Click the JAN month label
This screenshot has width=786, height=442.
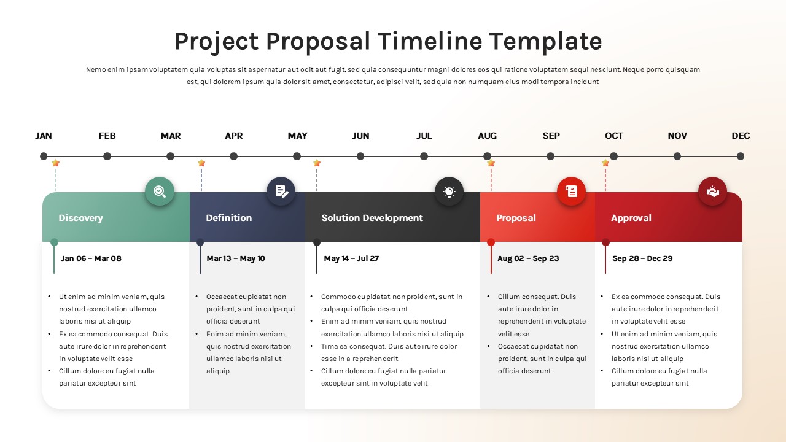pyautogui.click(x=44, y=136)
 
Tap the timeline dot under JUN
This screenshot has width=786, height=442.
pyautogui.click(x=360, y=156)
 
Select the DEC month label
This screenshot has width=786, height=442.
pyautogui.click(x=741, y=136)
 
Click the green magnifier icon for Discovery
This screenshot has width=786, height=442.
pyautogui.click(x=160, y=192)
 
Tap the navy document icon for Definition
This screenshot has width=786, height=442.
pyautogui.click(x=281, y=192)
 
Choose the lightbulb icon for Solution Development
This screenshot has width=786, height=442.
pyautogui.click(x=449, y=192)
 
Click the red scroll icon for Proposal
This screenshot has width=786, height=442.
pyautogui.click(x=571, y=192)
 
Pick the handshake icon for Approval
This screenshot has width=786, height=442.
pyautogui.click(x=712, y=192)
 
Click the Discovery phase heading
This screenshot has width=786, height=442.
pyautogui.click(x=80, y=218)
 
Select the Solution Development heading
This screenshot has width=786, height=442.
pyautogui.click(x=372, y=218)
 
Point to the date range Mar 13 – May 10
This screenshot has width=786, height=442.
pyautogui.click(x=236, y=258)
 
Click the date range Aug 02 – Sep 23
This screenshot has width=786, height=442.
pyautogui.click(x=528, y=258)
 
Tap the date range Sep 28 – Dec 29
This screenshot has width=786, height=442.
pyautogui.click(x=642, y=258)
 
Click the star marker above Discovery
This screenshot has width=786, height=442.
pyautogui.click(x=56, y=163)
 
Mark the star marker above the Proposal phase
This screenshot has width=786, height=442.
pyautogui.click(x=491, y=163)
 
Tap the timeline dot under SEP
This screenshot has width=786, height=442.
pyautogui.click(x=551, y=156)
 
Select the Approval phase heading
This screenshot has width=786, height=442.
pyautogui.click(x=631, y=218)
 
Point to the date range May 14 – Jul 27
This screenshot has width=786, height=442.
pyautogui.click(x=351, y=258)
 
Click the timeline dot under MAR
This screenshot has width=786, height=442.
pyautogui.click(x=171, y=156)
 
